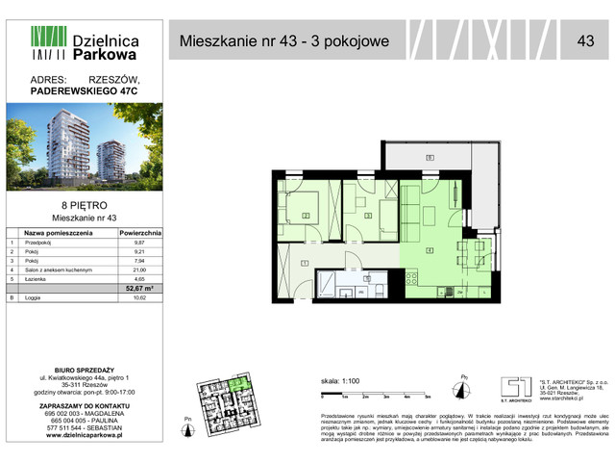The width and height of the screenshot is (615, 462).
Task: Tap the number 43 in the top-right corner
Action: [x=584, y=40]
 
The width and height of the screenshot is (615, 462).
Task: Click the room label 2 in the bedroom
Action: [x=305, y=216]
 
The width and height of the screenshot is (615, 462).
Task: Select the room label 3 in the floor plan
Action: [x=370, y=216]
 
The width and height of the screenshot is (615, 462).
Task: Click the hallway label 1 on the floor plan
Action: [x=305, y=263]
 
